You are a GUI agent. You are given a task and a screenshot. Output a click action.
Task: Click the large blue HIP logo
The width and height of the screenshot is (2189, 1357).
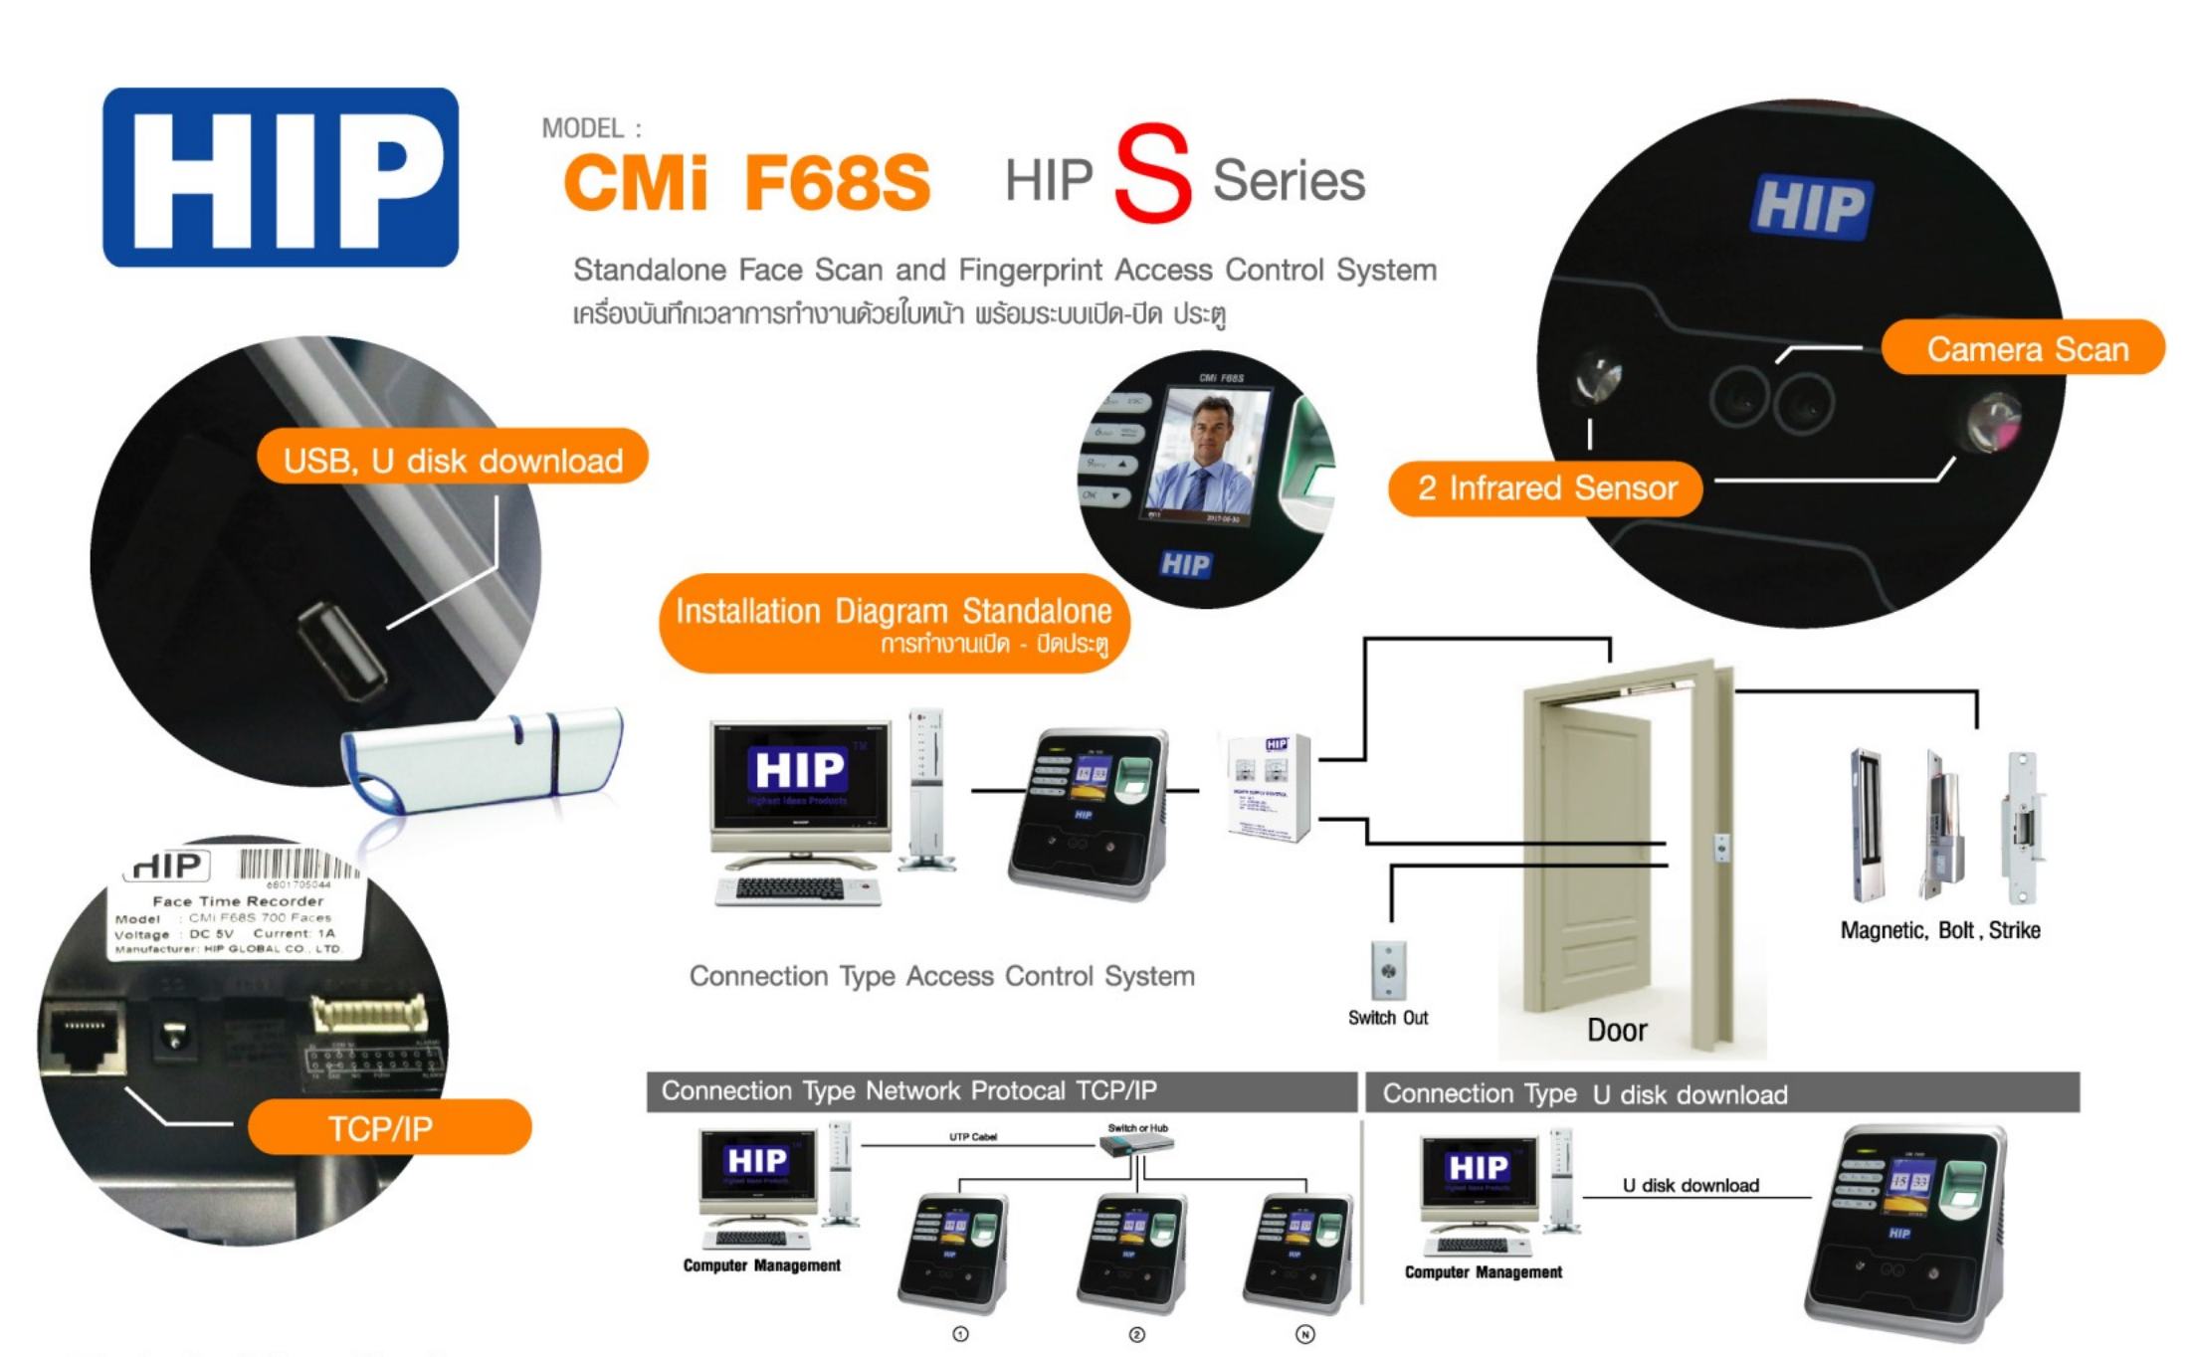[x=280, y=177]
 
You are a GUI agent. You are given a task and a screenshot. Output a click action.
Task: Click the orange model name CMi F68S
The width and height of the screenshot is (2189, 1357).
[x=746, y=183]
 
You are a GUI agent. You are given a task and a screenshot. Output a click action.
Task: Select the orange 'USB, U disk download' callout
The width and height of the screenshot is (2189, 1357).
[x=453, y=459]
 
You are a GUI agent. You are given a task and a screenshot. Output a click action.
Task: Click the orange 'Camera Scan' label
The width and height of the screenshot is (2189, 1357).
[x=2025, y=348]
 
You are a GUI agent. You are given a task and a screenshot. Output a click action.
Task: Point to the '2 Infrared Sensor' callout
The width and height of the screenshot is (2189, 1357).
[x=1545, y=488]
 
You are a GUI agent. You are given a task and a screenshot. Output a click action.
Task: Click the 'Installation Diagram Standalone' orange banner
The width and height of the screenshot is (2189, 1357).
[x=894, y=623]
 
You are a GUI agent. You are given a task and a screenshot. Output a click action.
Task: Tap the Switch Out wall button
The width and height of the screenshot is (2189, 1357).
[x=1388, y=970]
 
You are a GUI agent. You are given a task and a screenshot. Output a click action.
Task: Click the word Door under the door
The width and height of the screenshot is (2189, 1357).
[x=1616, y=1031]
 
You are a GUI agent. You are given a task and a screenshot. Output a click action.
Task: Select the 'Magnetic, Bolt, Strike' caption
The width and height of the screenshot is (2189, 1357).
[x=1939, y=930]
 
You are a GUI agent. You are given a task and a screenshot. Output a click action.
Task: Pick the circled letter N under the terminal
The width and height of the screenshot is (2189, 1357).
[x=1304, y=1334]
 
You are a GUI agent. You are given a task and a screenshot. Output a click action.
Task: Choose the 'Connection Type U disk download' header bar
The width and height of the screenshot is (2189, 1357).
[x=1721, y=1093]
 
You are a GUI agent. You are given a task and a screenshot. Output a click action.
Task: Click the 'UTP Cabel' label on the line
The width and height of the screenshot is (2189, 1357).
[x=972, y=1136]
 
